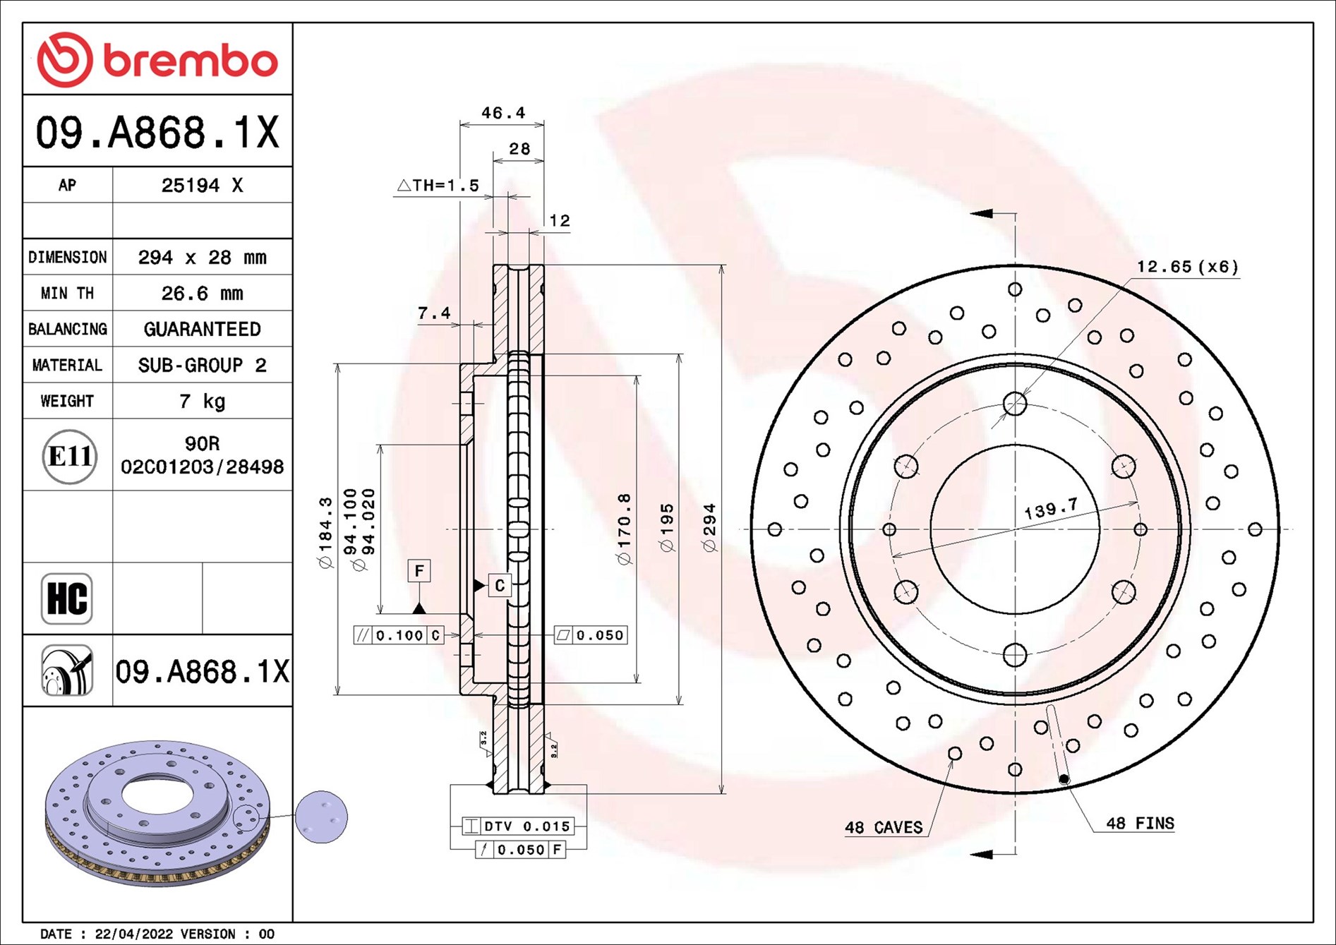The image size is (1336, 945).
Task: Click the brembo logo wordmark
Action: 191,61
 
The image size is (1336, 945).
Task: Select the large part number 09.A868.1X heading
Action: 157,132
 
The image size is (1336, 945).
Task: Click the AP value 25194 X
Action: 202,186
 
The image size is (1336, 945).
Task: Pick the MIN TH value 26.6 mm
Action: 202,293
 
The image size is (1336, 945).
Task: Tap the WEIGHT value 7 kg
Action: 202,401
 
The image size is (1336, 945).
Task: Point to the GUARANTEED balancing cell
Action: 202,329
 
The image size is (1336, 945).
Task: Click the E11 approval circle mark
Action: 69,456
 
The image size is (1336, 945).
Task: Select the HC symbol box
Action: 67,598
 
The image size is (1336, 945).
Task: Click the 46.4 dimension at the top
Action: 503,113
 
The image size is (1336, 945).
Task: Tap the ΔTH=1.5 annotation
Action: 438,186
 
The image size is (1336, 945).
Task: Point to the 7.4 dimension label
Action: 434,313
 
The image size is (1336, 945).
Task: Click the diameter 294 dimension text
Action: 709,527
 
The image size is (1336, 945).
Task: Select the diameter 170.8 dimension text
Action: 624,529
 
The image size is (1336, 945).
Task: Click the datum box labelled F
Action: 419,570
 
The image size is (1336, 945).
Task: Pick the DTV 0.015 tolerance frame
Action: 518,826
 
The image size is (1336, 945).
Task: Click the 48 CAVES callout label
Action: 884,827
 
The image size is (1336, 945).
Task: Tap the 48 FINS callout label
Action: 1140,823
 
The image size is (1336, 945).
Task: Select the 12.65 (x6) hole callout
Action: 1187,267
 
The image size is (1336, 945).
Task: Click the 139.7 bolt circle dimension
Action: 1051,509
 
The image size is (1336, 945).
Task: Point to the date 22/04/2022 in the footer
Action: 133,934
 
